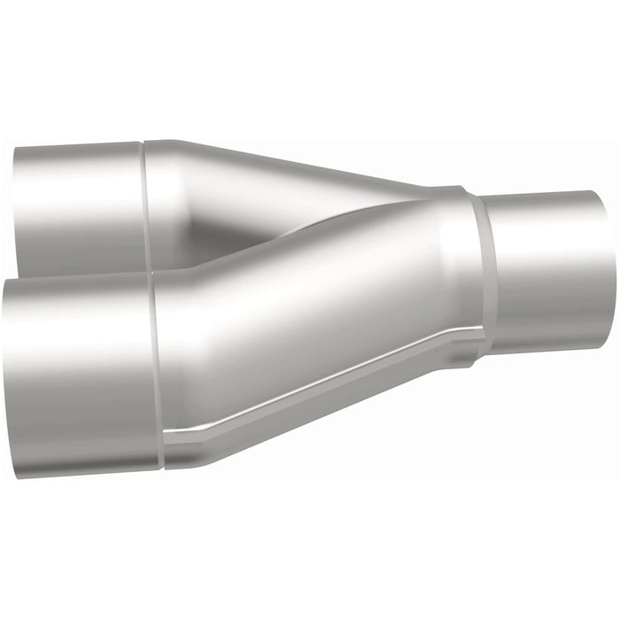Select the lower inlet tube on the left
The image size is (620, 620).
(x=80, y=372)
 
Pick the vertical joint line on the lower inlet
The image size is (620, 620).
(x=158, y=372)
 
